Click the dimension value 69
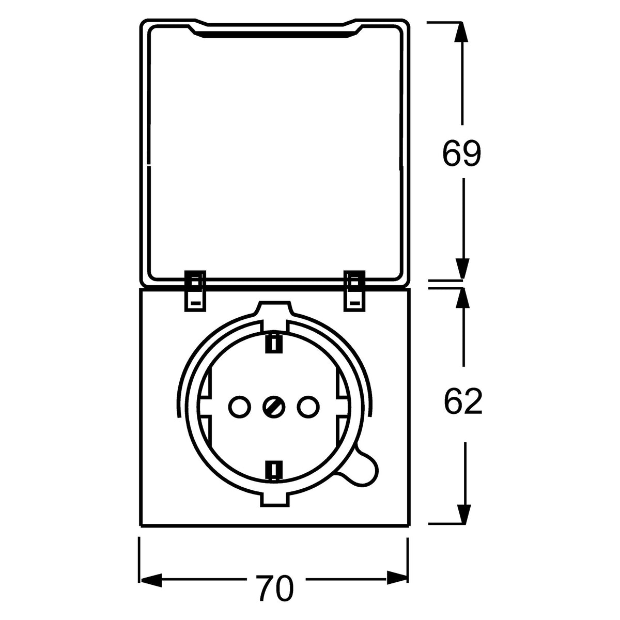click(462, 153)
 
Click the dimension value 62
click(463, 401)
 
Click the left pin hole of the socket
click(240, 407)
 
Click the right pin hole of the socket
click(308, 407)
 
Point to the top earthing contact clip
click(273, 343)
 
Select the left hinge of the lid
click(195, 290)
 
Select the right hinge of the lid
click(354, 290)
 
